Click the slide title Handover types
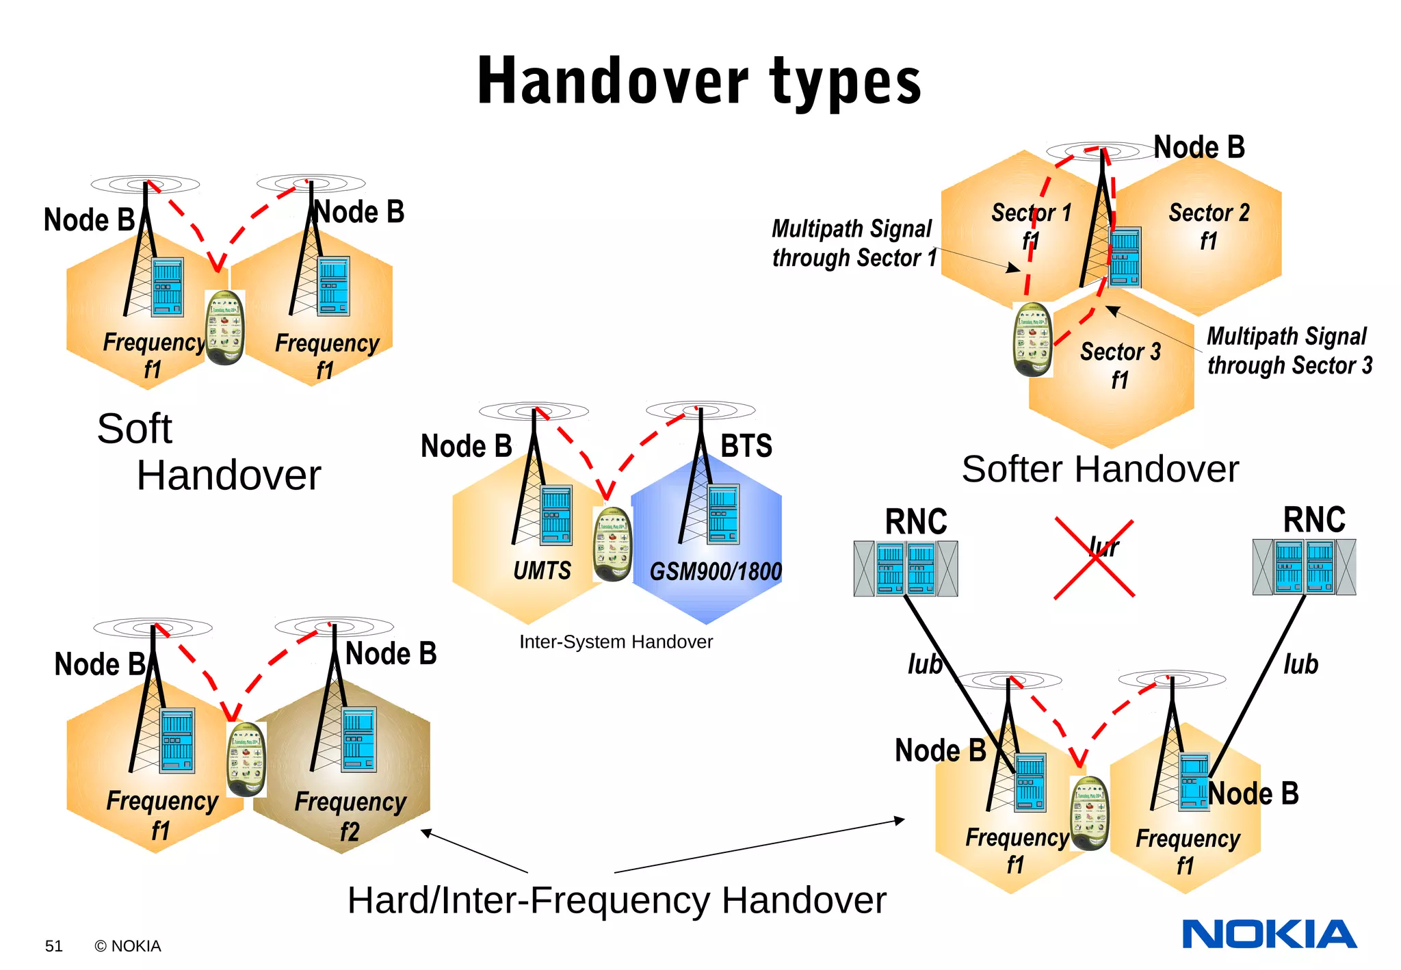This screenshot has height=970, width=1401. [x=699, y=81]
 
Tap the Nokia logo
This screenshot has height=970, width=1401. [x=1269, y=934]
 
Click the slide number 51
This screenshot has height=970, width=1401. [x=53, y=946]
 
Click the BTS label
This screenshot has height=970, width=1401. [x=746, y=446]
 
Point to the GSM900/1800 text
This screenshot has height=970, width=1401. [x=715, y=571]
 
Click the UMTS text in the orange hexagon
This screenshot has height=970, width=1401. [x=542, y=571]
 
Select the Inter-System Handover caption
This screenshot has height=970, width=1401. [x=616, y=642]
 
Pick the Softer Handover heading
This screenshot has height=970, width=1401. [x=1100, y=469]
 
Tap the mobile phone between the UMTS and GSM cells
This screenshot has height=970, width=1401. [x=612, y=545]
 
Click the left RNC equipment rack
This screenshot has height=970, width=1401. [x=906, y=568]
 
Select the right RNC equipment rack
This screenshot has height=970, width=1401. [x=1304, y=567]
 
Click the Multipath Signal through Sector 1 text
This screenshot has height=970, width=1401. [x=853, y=244]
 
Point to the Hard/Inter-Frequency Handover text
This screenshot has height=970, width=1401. [x=616, y=900]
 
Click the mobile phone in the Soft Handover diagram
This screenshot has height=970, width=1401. [x=225, y=328]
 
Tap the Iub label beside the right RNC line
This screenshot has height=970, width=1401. [x=1300, y=664]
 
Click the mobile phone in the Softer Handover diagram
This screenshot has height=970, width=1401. [x=1032, y=339]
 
